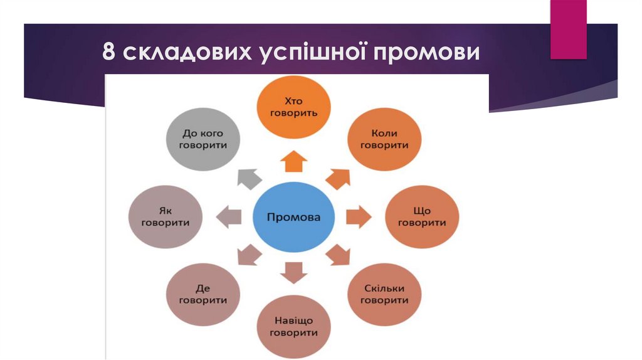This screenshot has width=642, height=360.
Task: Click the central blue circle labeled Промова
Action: pos(293,218)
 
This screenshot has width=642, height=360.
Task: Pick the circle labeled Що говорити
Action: pos(422,217)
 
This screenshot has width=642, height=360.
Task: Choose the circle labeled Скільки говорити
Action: pos(385,294)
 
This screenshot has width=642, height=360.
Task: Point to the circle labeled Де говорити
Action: pos(203,294)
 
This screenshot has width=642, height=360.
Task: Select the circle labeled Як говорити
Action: pos(166,217)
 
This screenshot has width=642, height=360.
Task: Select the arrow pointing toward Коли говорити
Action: pos(338,179)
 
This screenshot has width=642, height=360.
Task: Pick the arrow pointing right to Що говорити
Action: pos(358,217)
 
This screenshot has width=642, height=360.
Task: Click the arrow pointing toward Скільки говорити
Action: pos(339,254)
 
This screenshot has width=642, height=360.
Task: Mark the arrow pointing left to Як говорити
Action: pos(228,217)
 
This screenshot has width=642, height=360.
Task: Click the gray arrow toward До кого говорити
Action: pos(249,179)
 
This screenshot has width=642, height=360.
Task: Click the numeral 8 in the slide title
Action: pos(110,53)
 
